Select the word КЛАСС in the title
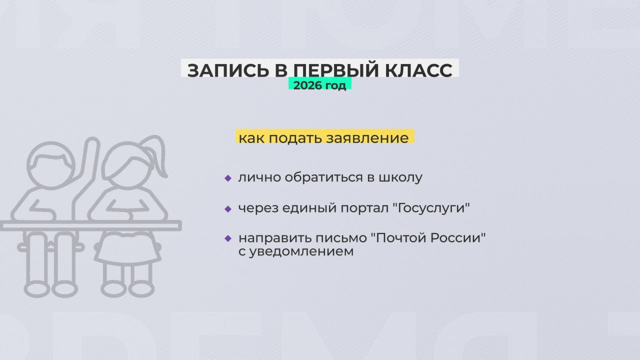point(419,70)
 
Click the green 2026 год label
point(319,85)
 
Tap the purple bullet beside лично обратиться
point(228,178)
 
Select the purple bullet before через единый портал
point(228,208)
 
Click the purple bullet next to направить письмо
point(228,238)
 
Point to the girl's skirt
point(127,248)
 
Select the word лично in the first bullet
point(253,177)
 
